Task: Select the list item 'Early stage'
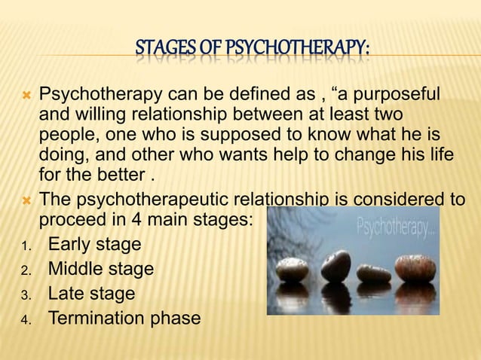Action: coord(94,245)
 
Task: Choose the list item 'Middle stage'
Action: coord(100,269)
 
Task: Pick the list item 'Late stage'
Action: coord(91,294)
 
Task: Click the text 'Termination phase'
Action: coord(124,318)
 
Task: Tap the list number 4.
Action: coord(24,319)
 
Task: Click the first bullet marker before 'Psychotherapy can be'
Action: coord(25,96)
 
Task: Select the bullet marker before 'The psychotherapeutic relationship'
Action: coord(25,200)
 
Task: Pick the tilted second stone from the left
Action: coord(335,265)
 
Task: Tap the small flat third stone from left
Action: coord(374,273)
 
